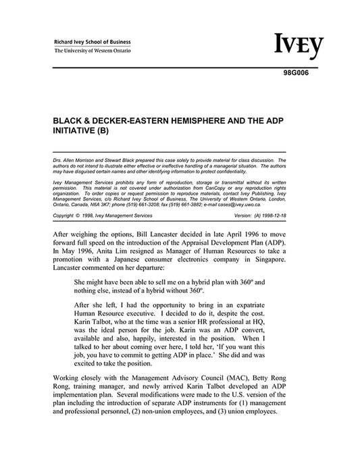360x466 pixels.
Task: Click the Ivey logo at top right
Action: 299,46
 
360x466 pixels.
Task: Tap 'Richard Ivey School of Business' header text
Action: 93,42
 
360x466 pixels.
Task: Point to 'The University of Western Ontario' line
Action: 93,51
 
